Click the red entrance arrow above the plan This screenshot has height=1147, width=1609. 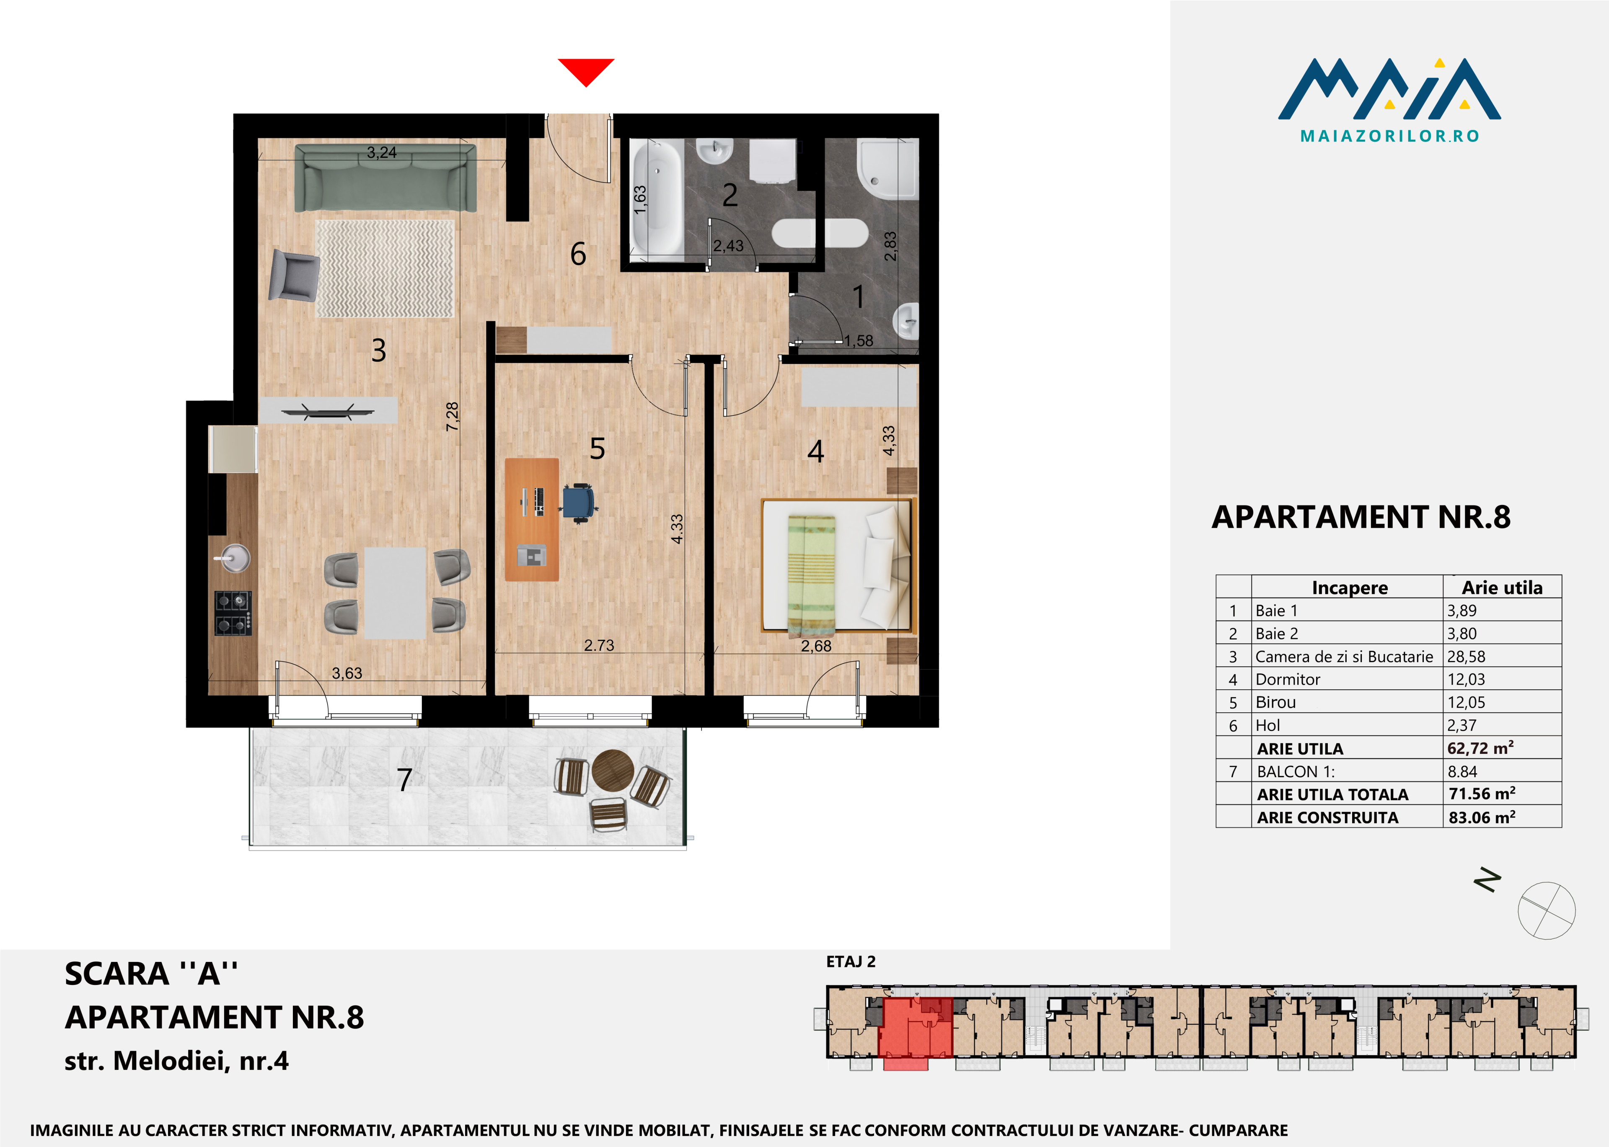pos(586,71)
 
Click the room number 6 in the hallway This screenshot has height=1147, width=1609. pos(578,253)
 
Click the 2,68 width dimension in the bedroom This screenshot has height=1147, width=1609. pos(816,646)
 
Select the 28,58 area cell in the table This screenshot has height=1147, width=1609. pos(1466,656)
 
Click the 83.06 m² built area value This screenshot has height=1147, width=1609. pos(1482,817)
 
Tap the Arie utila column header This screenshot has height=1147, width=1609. pos(1502,588)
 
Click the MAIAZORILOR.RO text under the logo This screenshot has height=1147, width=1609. pos(1389,136)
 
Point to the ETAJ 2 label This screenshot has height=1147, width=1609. pos(851,961)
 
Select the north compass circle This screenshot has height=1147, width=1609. pos(1547,910)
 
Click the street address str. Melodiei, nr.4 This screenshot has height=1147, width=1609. pos(177,1061)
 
